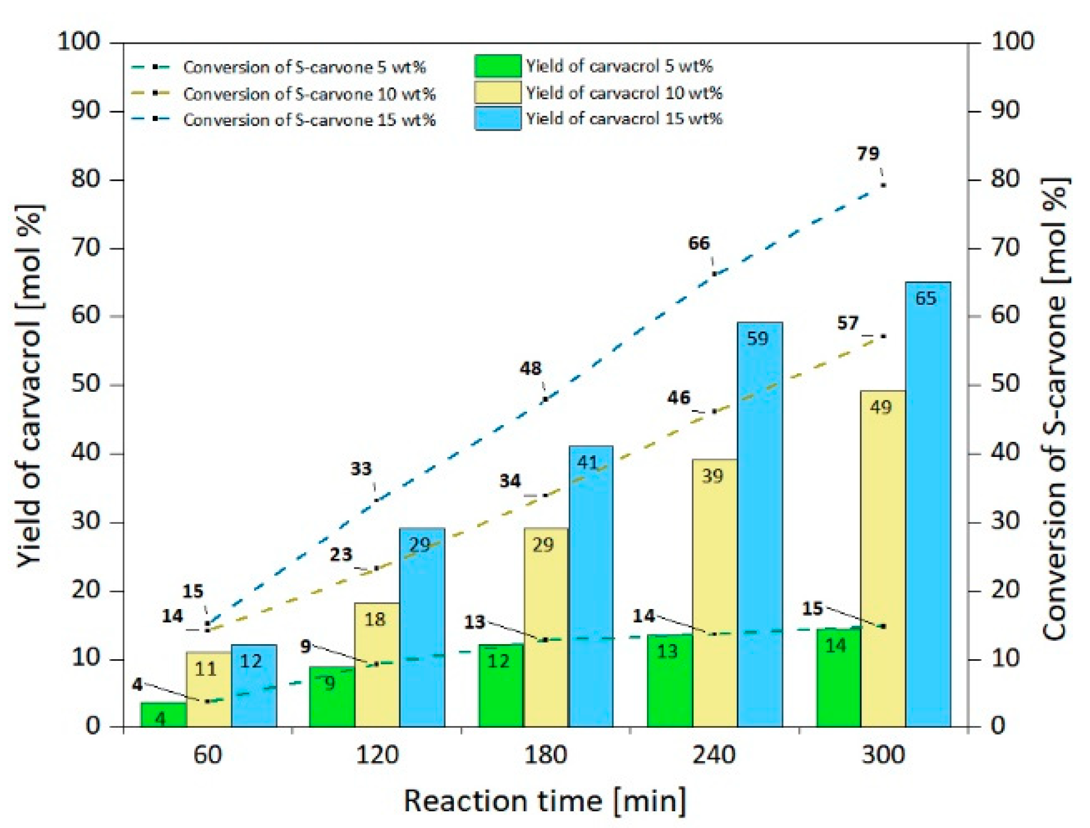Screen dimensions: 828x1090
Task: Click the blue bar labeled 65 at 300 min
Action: [928, 504]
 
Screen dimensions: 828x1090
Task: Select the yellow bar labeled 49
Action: [883, 559]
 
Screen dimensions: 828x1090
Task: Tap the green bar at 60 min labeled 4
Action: [164, 714]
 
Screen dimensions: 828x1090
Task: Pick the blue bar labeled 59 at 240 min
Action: [759, 524]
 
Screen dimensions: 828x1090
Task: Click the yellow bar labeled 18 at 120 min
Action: [377, 664]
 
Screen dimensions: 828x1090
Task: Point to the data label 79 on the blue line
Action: [868, 154]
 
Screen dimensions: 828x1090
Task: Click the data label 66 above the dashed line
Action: [698, 244]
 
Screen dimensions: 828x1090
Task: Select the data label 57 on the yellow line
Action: [847, 323]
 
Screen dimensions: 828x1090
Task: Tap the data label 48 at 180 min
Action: [530, 369]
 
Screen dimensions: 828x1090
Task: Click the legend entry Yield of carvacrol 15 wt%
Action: [623, 119]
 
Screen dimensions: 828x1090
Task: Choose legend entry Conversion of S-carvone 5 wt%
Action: [304, 67]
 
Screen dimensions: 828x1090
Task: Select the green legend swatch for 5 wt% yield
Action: [498, 66]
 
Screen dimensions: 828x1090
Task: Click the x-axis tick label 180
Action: [545, 755]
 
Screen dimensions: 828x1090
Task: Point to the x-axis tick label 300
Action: [883, 755]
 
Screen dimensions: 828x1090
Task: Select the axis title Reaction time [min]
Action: [544, 801]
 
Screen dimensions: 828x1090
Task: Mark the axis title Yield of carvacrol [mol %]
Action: [29, 386]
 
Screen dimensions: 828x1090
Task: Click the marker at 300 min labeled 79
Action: [883, 185]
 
